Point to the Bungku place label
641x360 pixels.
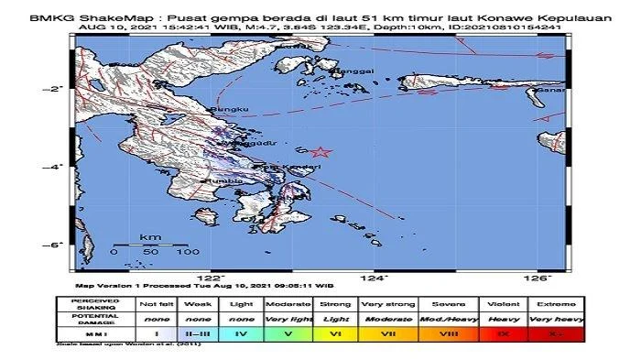click(230, 111)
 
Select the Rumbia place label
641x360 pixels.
click(224, 180)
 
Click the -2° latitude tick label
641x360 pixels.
click(55, 88)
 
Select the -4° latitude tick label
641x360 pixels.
click(55, 167)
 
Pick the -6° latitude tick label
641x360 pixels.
click(55, 245)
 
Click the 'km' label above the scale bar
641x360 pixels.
click(150, 237)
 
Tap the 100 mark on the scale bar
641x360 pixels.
click(189, 251)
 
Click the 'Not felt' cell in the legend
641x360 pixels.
click(152, 303)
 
